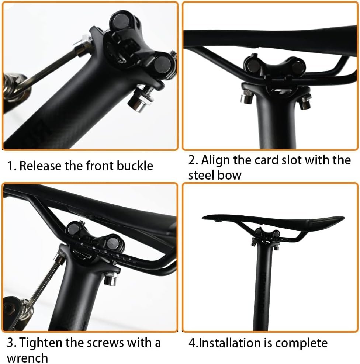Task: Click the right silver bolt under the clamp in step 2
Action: click(305, 103)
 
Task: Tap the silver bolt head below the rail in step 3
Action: click(111, 279)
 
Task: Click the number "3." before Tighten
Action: click(11, 343)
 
